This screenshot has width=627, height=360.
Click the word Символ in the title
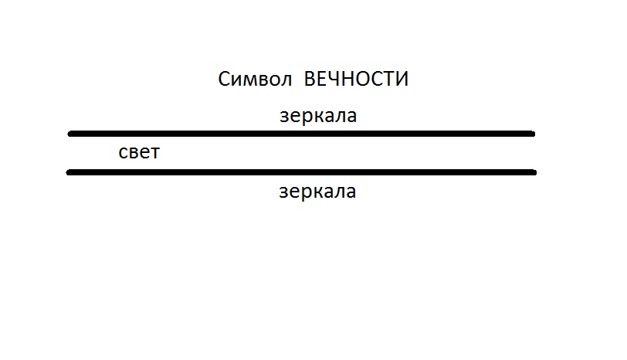point(255,79)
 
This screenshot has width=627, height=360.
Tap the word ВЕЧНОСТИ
point(356,79)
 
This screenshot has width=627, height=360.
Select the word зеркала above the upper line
point(318,116)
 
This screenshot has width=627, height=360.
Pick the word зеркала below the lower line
point(317,192)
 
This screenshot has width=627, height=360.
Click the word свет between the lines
point(139,152)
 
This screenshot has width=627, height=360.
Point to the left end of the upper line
point(70,134)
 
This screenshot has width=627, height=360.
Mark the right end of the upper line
point(533,134)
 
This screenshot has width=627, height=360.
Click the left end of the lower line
point(69,172)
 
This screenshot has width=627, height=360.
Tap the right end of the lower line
point(534,172)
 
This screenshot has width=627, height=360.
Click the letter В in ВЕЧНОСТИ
point(310,79)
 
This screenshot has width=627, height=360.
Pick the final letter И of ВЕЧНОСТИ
point(402,79)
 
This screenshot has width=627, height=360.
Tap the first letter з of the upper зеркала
point(284,117)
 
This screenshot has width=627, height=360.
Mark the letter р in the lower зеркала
point(308,194)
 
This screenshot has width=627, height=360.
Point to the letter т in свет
point(154,153)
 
